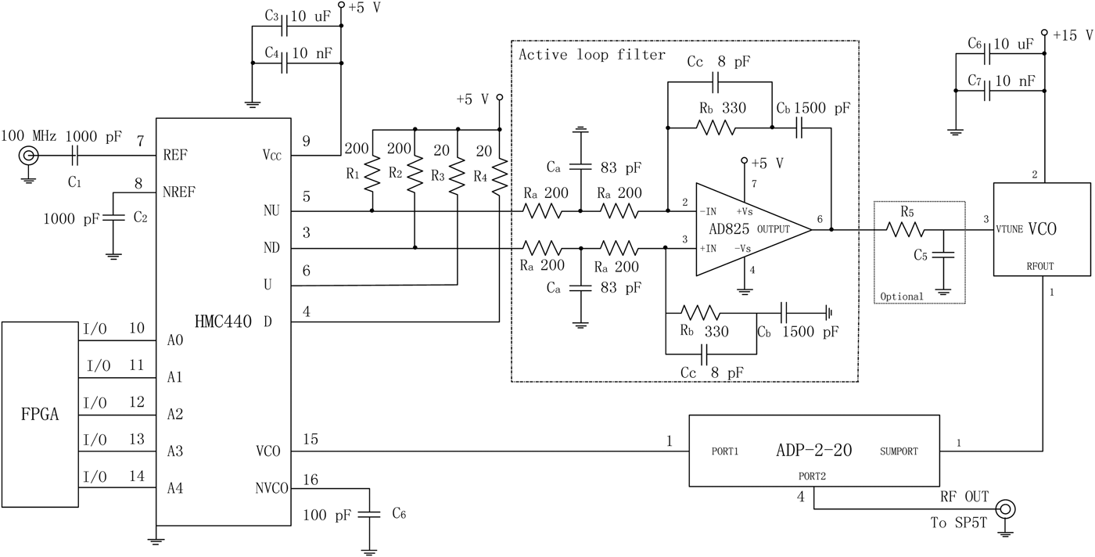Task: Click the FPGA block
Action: click(x=39, y=414)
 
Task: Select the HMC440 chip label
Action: click(x=223, y=321)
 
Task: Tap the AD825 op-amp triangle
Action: click(x=743, y=229)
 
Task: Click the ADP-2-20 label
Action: click(x=813, y=451)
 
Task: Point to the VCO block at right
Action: click(x=1041, y=229)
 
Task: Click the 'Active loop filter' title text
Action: click(x=592, y=55)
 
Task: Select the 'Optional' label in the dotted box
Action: click(x=902, y=296)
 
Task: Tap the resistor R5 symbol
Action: click(x=905, y=230)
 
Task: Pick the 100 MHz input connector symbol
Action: click(x=30, y=157)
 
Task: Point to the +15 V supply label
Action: click(x=1072, y=36)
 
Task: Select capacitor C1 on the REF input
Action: click(x=74, y=157)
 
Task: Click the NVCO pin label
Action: click(x=271, y=488)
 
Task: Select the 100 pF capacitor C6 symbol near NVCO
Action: click(x=372, y=514)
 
